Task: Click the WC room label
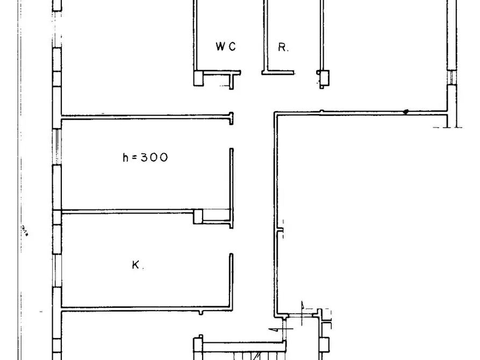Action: [x=226, y=47]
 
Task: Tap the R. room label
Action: [x=283, y=47]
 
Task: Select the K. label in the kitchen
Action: [x=138, y=265]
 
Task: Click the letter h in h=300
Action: [x=126, y=157]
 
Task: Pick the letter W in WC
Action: [x=221, y=47]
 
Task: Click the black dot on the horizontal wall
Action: [x=406, y=112]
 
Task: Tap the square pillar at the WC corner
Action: [x=198, y=78]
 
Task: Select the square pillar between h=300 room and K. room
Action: [x=198, y=216]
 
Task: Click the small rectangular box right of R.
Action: [x=323, y=78]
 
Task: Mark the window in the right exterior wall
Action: [x=452, y=77]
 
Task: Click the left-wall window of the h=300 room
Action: [x=57, y=147]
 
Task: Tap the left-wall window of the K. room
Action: [x=57, y=271]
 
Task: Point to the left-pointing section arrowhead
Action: [x=271, y=329]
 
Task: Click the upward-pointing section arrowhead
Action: [x=302, y=305]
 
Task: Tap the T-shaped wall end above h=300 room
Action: [x=231, y=118]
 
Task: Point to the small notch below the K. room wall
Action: [x=200, y=313]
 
